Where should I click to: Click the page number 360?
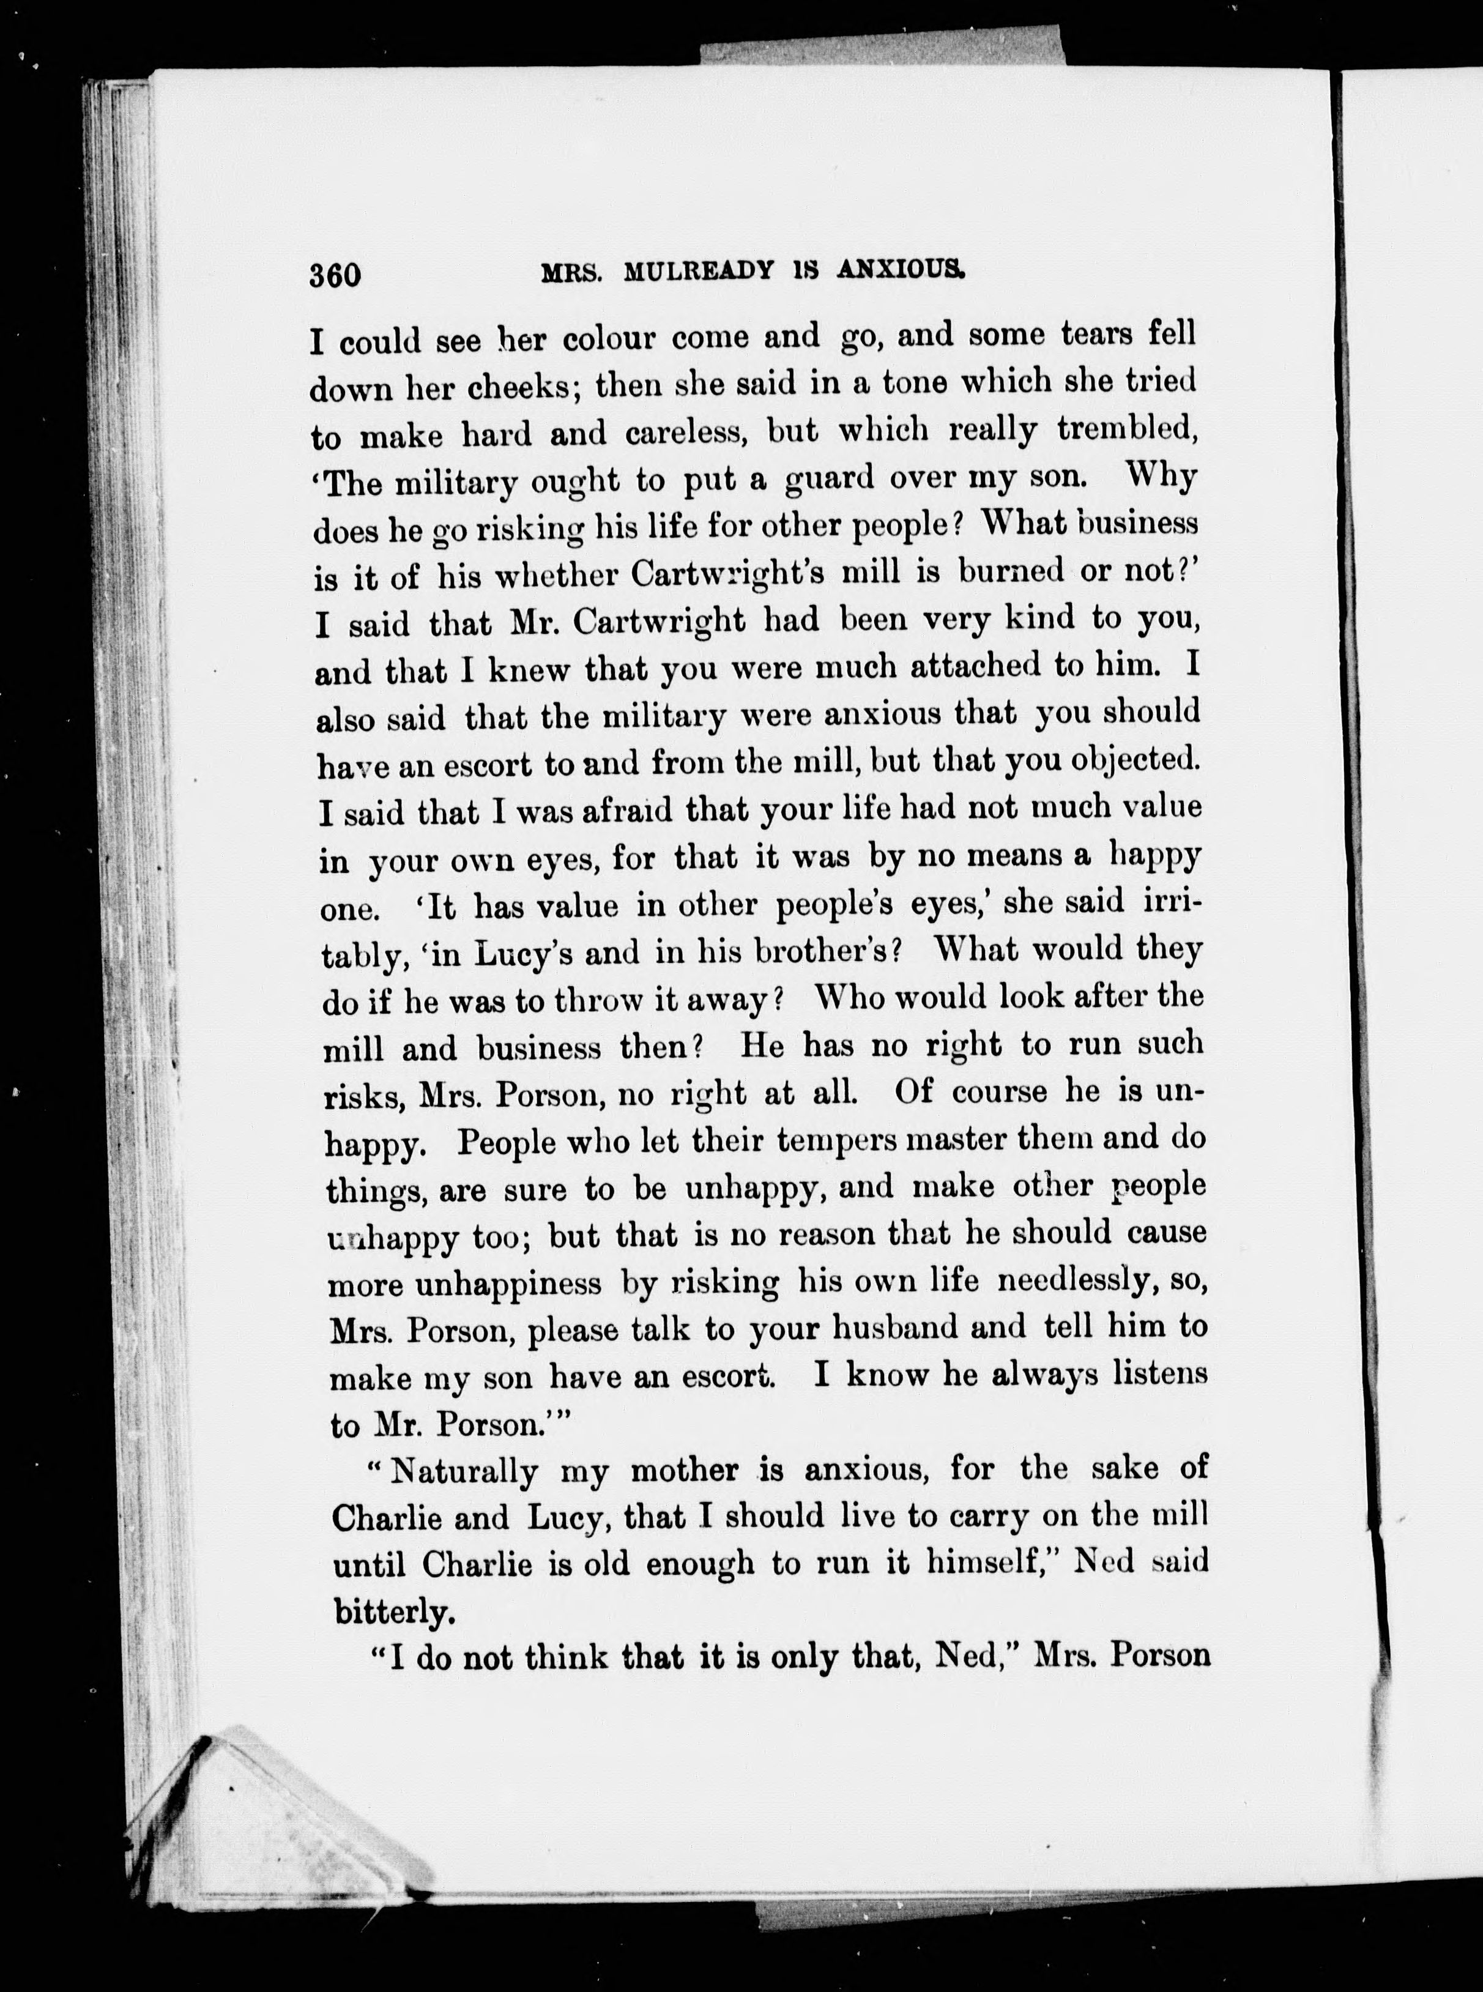(x=335, y=275)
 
